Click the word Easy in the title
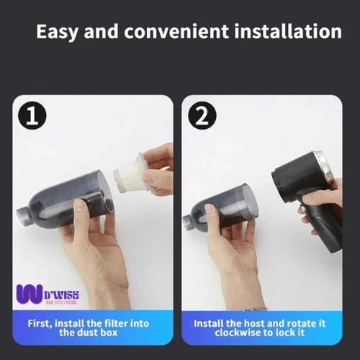(x=59, y=32)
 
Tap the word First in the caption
(x=40, y=323)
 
